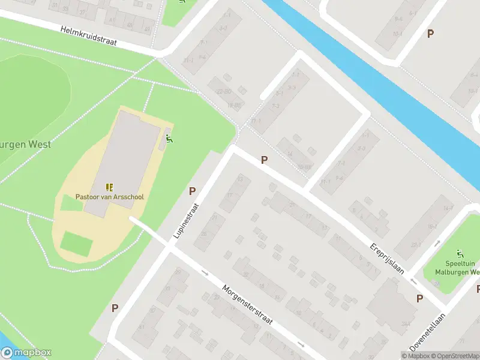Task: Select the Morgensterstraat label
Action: (247, 305)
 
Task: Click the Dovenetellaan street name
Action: (428, 332)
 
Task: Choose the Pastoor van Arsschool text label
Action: (109, 197)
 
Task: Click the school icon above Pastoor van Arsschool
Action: (109, 187)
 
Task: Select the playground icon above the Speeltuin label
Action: (460, 253)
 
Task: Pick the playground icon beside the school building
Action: (169, 139)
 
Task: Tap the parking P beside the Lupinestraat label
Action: (192, 191)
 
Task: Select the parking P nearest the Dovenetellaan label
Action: (419, 298)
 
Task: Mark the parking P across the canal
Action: (430, 34)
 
